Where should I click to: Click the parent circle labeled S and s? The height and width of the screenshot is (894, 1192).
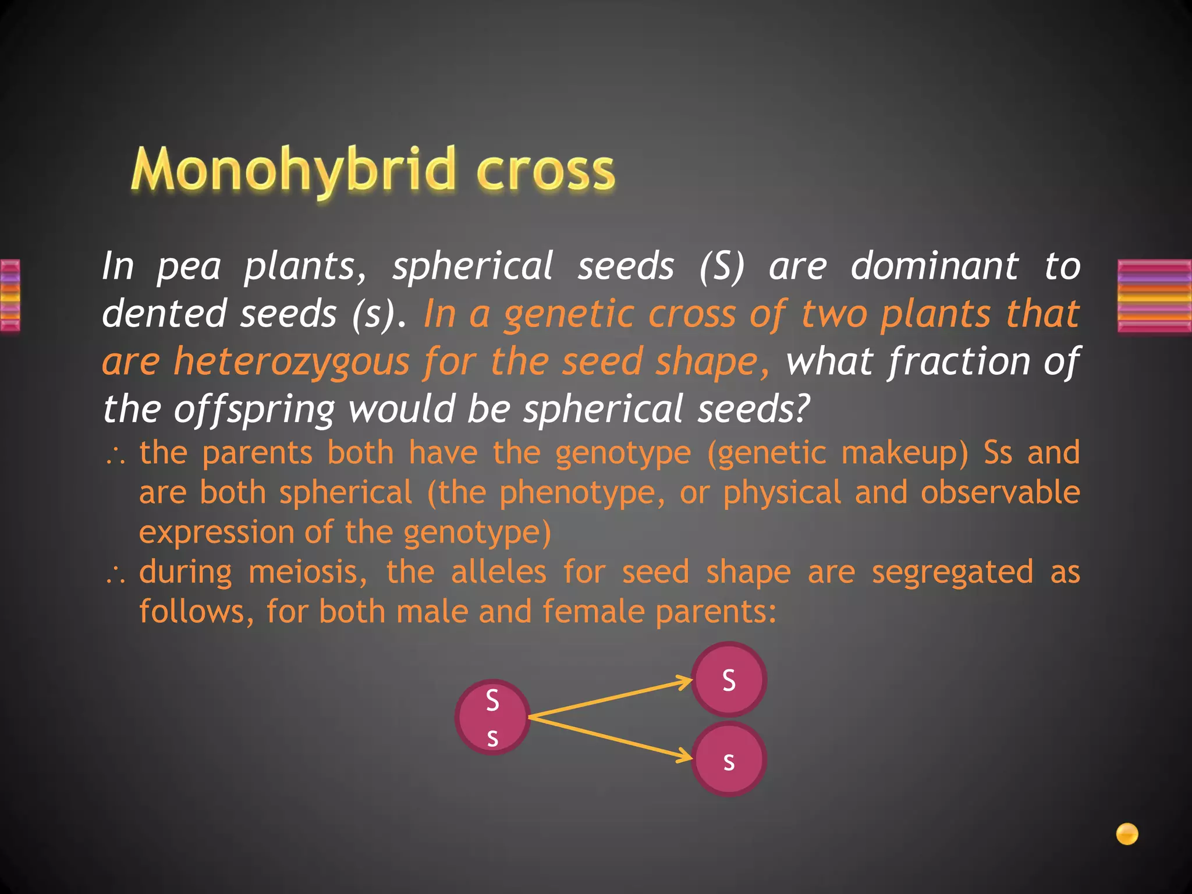492,718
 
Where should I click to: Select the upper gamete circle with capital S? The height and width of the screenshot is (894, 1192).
729,679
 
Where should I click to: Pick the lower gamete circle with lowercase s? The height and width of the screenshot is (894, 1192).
729,759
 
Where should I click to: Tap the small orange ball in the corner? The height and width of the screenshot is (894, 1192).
1127,833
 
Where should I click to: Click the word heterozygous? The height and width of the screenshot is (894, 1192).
292,361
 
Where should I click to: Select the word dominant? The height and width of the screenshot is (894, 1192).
935,266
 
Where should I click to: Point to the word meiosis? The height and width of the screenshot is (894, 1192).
308,572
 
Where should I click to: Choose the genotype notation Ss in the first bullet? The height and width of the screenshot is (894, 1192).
998,452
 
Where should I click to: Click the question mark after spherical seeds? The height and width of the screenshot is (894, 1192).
802,408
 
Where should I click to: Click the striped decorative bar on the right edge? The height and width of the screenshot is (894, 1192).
1155,296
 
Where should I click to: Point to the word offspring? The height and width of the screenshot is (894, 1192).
254,409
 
